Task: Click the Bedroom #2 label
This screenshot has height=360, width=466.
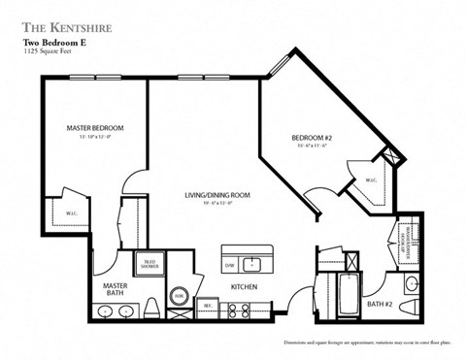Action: (x=313, y=138)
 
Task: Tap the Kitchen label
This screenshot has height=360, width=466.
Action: (x=243, y=288)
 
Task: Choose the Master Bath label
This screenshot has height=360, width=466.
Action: (x=116, y=290)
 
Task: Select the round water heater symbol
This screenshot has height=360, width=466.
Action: (x=180, y=297)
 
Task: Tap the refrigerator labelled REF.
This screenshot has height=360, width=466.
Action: (x=207, y=305)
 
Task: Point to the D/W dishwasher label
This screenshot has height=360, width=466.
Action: (x=230, y=263)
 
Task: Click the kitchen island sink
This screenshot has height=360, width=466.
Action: (x=252, y=263)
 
